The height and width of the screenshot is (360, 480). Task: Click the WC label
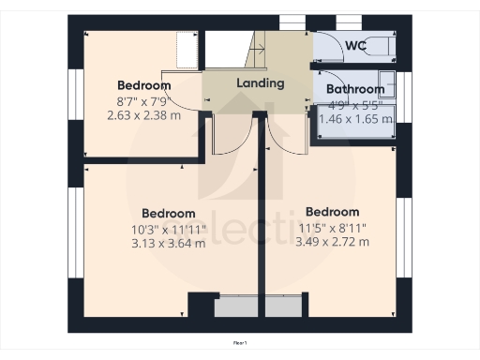[x=355, y=46]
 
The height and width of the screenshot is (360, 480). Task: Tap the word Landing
[x=261, y=82]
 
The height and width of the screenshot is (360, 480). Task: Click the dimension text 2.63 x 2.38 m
[x=144, y=116]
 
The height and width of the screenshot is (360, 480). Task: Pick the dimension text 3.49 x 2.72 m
[x=332, y=242]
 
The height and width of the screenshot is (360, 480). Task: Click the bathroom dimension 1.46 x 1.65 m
[x=356, y=119]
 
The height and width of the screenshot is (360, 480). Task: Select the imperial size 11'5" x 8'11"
[x=332, y=227]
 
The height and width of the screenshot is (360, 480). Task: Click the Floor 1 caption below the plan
[x=240, y=344]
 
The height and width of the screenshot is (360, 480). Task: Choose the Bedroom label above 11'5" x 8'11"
[x=332, y=211]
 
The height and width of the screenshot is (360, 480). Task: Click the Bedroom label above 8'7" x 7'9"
[x=144, y=85]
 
